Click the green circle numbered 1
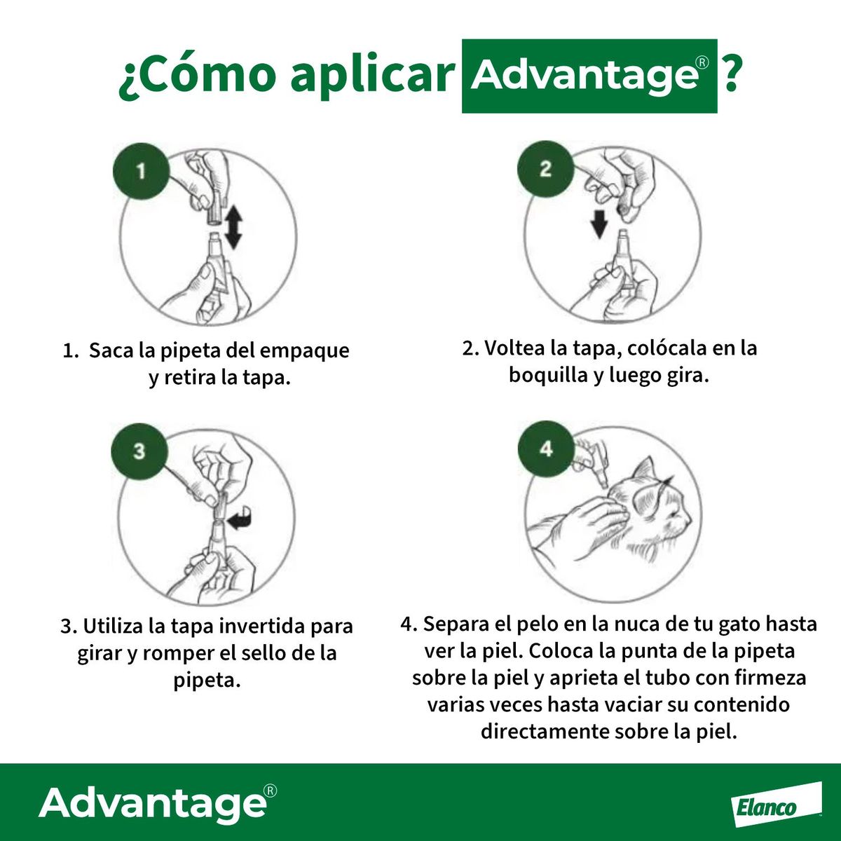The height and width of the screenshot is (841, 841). coord(141,171)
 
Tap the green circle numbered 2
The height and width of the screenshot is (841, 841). coord(545,169)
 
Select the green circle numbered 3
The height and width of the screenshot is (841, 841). coord(139,450)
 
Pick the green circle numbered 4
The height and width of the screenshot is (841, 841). coord(546,449)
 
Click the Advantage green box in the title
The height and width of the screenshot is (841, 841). coord(589,76)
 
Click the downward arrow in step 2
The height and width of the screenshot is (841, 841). coord(599,223)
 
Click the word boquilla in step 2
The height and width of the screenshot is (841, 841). coord(548,375)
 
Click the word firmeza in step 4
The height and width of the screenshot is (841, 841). coord(770,678)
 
